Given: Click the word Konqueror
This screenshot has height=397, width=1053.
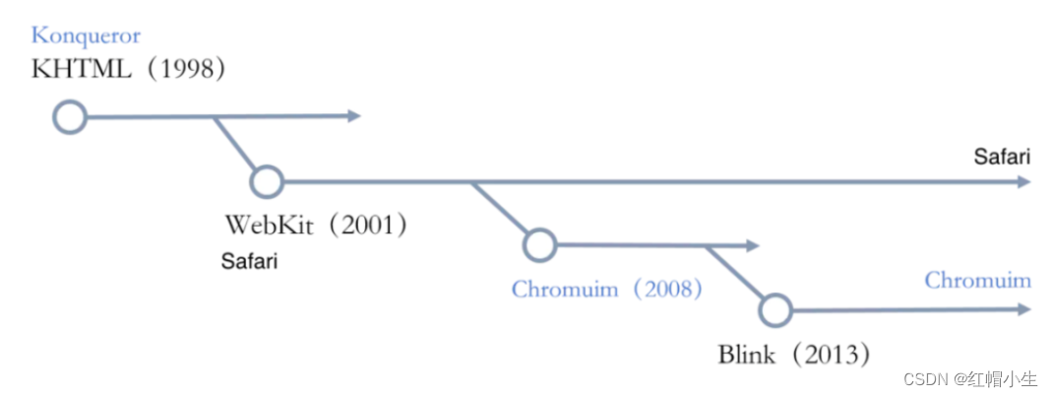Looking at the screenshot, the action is point(86,36).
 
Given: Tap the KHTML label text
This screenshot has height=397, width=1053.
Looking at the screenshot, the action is point(83,69).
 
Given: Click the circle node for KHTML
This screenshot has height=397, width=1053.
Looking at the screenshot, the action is point(69,117).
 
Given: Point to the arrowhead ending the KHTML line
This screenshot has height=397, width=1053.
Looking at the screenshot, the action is point(355,116).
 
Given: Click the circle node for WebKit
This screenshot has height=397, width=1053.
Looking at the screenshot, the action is point(266,181).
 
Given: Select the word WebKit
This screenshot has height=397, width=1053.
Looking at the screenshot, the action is point(269,225).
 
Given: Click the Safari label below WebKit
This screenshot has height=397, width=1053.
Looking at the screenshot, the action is point(249,262).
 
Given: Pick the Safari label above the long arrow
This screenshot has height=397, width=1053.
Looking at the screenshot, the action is point(1002,157).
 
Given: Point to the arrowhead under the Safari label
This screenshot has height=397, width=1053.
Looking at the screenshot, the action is point(1024,181).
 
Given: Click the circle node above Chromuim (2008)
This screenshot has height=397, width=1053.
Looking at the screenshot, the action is point(539,245).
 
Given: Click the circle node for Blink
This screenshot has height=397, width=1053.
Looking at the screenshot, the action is point(775,309).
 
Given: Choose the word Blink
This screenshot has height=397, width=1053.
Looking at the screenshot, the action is point(748,353).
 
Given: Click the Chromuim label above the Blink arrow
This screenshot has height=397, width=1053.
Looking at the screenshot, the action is point(977,281).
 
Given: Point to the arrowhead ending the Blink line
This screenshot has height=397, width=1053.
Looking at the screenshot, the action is point(1024,309).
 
